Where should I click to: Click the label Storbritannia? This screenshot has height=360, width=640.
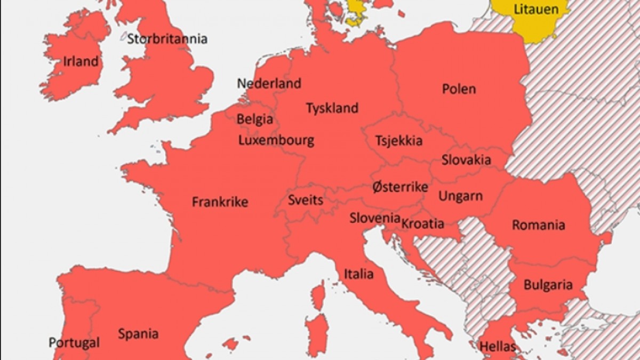167,39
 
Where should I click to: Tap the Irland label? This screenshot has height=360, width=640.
81,61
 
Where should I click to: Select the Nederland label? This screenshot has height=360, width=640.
269,84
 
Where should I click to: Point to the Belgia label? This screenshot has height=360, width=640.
254,119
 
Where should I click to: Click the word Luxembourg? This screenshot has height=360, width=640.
276,141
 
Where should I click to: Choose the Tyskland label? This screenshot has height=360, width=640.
332,108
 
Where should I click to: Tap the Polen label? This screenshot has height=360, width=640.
459,89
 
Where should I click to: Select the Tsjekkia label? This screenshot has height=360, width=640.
398,141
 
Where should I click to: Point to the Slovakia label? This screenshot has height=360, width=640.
466,160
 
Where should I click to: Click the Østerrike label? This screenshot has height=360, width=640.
400,187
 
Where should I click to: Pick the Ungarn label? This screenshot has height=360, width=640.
460,196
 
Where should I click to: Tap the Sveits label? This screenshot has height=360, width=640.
305,201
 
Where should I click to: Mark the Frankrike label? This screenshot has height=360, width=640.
220,202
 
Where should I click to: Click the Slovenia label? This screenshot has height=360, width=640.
374,218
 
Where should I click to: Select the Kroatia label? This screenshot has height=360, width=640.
422,223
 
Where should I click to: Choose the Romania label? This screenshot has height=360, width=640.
538,225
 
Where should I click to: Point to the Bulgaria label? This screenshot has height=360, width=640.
548,285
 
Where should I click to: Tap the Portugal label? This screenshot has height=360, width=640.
74,342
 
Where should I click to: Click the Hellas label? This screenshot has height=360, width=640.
498,347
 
